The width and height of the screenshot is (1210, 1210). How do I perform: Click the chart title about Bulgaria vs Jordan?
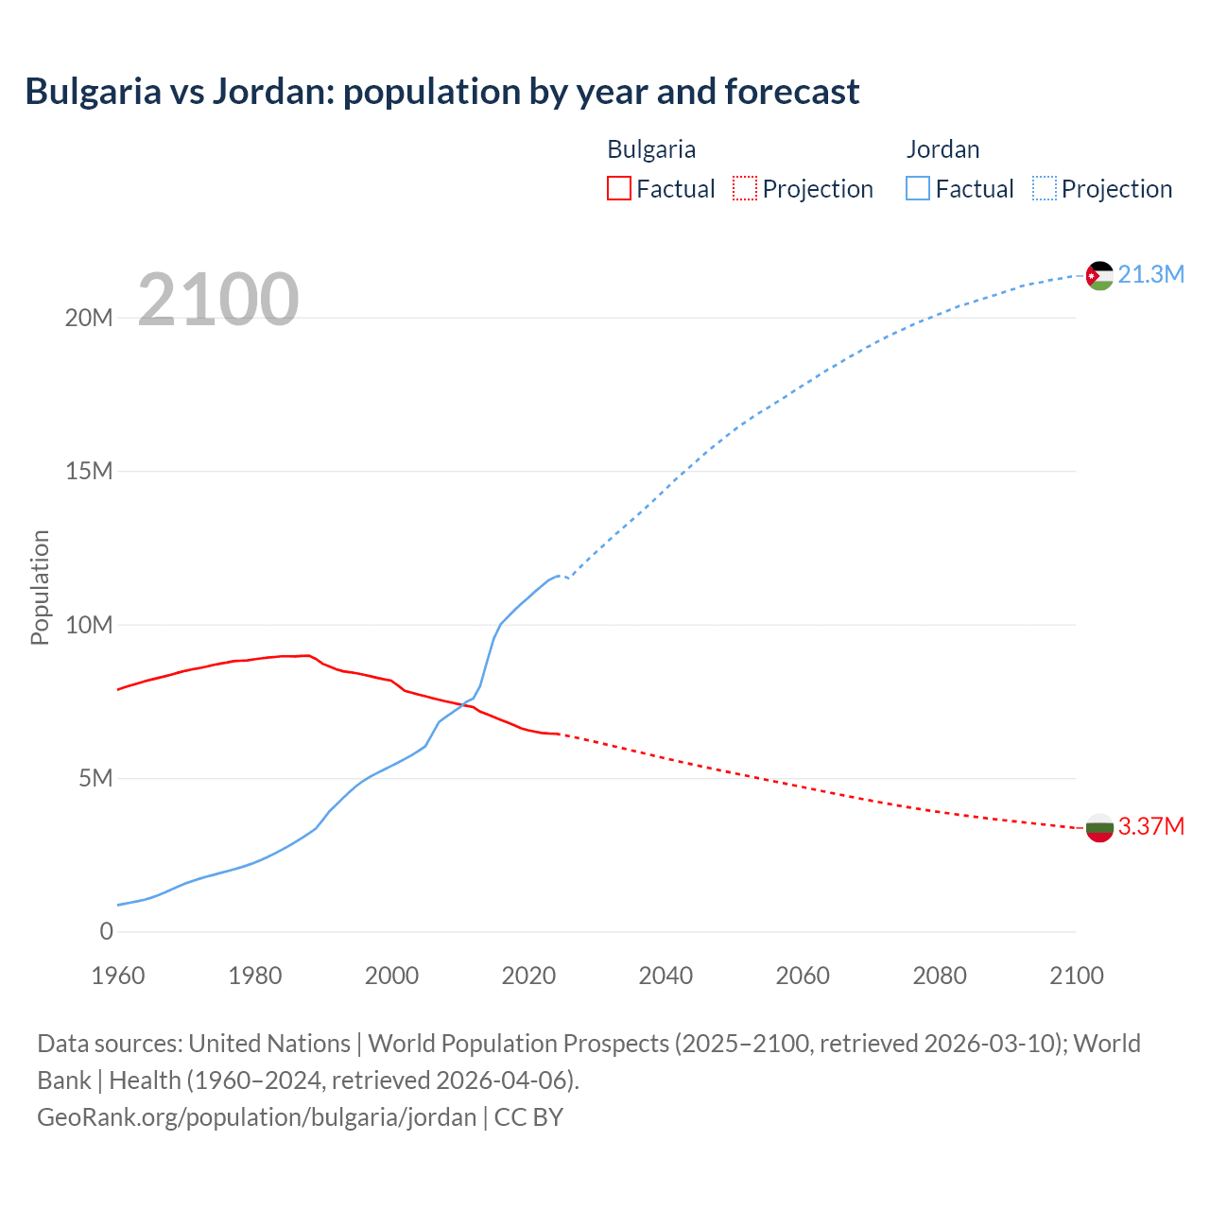[442, 92]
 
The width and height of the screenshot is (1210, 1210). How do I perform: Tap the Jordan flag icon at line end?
[1099, 275]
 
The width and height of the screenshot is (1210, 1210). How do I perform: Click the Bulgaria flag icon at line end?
[1099, 828]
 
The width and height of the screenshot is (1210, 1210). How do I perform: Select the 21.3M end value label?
[1150, 274]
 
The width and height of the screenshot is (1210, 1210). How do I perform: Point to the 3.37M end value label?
[1150, 826]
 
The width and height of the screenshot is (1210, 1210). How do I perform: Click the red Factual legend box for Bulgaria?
[618, 188]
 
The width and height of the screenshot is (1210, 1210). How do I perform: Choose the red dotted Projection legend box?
[745, 188]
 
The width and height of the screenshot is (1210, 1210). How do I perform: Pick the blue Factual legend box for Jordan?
[918, 188]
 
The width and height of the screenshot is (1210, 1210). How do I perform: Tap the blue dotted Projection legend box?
[1044, 188]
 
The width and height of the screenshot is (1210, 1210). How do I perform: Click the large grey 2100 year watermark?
[218, 300]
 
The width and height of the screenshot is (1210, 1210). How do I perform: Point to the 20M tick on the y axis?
[89, 318]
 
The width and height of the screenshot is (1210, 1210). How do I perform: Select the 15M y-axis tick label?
[89, 471]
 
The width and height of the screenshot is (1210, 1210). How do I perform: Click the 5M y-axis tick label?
[95, 778]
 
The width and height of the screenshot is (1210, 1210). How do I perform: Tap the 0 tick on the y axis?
[106, 931]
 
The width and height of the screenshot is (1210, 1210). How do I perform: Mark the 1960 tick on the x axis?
[118, 976]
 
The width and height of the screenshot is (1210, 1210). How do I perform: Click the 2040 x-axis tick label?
[665, 976]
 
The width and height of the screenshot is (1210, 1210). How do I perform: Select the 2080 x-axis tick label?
[940, 976]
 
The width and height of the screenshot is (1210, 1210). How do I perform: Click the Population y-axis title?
[40, 587]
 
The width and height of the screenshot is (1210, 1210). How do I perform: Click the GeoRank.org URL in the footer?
[256, 1117]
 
